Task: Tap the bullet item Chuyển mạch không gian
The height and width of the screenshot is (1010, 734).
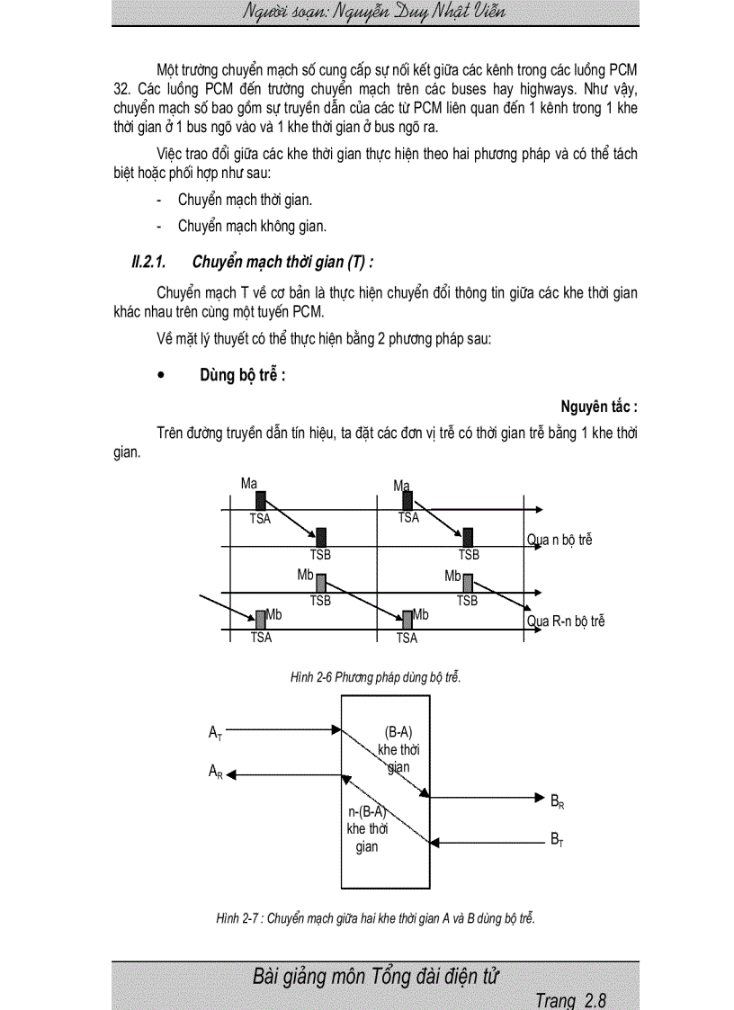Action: (x=252, y=226)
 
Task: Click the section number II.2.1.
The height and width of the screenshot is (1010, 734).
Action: (x=149, y=262)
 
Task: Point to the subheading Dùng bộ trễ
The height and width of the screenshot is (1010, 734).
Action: (x=242, y=376)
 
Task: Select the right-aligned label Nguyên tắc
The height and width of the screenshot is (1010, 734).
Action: (x=599, y=407)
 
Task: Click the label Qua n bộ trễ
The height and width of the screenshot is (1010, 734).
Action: (x=559, y=541)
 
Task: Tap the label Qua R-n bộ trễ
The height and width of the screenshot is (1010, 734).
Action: (x=565, y=621)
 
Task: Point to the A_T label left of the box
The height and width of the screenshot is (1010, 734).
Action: (x=215, y=734)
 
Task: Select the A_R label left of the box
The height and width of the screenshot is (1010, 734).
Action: (x=215, y=772)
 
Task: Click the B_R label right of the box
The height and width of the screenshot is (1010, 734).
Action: (x=557, y=800)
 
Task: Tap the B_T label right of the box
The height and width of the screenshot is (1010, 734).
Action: (x=557, y=839)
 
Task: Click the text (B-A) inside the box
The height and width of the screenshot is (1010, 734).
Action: (x=398, y=732)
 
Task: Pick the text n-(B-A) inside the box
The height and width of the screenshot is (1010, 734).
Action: (x=367, y=811)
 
